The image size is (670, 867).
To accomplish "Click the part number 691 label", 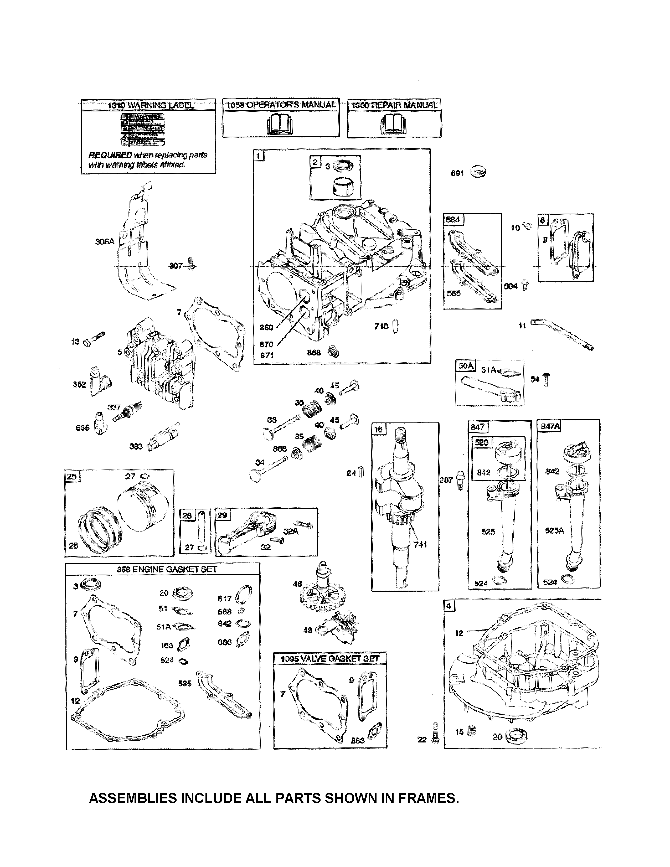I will coord(457,173).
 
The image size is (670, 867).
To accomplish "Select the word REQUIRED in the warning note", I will coord(110,155).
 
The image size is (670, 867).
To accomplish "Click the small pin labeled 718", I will coord(395,326).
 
